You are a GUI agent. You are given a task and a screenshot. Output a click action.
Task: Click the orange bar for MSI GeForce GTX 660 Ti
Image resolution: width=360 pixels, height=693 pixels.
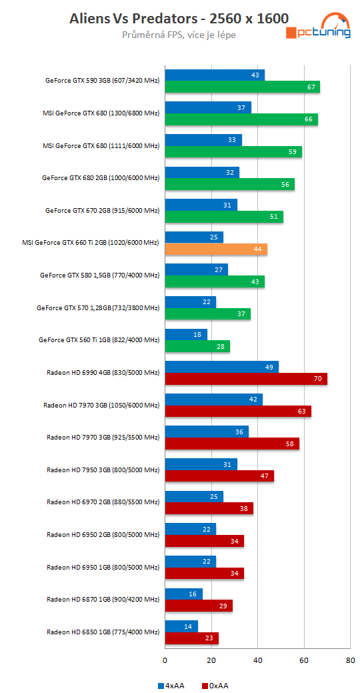click(x=215, y=249)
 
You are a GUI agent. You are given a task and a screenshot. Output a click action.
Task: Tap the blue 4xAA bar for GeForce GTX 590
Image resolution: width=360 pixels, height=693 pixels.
click(x=214, y=75)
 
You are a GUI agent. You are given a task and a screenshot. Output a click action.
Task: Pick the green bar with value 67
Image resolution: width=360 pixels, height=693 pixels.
click(x=242, y=87)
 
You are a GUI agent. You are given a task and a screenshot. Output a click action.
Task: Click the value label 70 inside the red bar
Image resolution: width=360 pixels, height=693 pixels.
click(x=317, y=379)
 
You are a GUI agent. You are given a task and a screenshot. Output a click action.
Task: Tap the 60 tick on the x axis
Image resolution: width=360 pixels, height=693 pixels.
click(x=304, y=661)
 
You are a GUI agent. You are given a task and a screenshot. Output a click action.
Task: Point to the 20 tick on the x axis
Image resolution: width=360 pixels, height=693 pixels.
click(x=211, y=661)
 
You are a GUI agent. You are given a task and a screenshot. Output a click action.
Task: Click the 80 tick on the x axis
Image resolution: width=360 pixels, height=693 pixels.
click(x=350, y=661)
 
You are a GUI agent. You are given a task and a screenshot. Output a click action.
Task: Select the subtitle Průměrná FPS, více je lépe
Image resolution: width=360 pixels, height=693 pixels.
click(x=179, y=35)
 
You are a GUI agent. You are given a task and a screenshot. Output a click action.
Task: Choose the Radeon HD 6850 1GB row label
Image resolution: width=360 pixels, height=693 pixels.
click(x=103, y=632)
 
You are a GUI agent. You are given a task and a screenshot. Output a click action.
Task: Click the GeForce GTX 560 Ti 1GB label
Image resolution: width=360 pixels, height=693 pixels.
click(x=99, y=339)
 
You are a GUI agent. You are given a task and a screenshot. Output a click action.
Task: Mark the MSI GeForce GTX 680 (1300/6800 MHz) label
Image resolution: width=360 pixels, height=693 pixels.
click(x=101, y=113)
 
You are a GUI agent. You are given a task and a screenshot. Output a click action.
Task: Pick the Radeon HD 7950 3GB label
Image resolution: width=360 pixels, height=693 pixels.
click(x=103, y=470)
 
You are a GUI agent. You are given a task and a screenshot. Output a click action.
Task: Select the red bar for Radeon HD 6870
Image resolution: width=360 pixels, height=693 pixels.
click(x=198, y=606)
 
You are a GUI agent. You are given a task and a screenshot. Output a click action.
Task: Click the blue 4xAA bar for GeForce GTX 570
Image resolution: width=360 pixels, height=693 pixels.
click(x=190, y=302)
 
